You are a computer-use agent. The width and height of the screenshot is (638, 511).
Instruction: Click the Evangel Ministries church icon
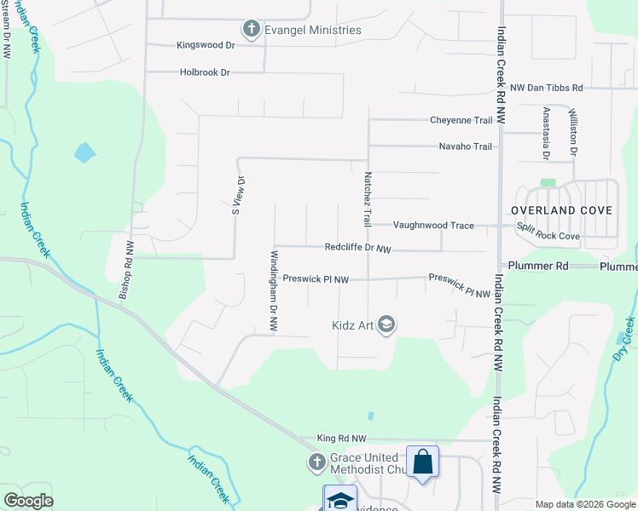click(251, 31)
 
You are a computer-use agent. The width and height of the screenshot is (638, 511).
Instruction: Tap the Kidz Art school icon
click(386, 324)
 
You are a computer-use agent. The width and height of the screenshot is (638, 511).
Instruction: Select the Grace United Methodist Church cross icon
click(316, 463)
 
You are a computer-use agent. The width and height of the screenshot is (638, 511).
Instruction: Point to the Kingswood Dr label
click(204, 45)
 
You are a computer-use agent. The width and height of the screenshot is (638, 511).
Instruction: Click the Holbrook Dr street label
click(206, 73)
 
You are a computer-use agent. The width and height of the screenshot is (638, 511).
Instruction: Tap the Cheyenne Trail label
click(461, 120)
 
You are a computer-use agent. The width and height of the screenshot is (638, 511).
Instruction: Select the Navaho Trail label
click(465, 146)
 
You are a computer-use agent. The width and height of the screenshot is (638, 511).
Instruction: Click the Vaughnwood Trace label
click(432, 225)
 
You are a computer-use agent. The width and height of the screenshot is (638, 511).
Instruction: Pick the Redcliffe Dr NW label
click(357, 249)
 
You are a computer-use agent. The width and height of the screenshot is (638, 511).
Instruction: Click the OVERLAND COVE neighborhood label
click(561, 210)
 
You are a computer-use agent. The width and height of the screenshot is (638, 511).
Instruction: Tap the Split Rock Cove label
click(548, 236)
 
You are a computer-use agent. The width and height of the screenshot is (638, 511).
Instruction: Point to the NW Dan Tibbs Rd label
click(546, 88)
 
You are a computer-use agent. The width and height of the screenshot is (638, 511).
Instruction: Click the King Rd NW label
click(341, 438)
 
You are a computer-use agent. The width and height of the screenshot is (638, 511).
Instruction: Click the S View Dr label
click(239, 196)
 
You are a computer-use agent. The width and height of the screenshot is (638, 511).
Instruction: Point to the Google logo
click(28, 501)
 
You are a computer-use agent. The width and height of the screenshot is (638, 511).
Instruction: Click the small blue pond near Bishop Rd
click(85, 153)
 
